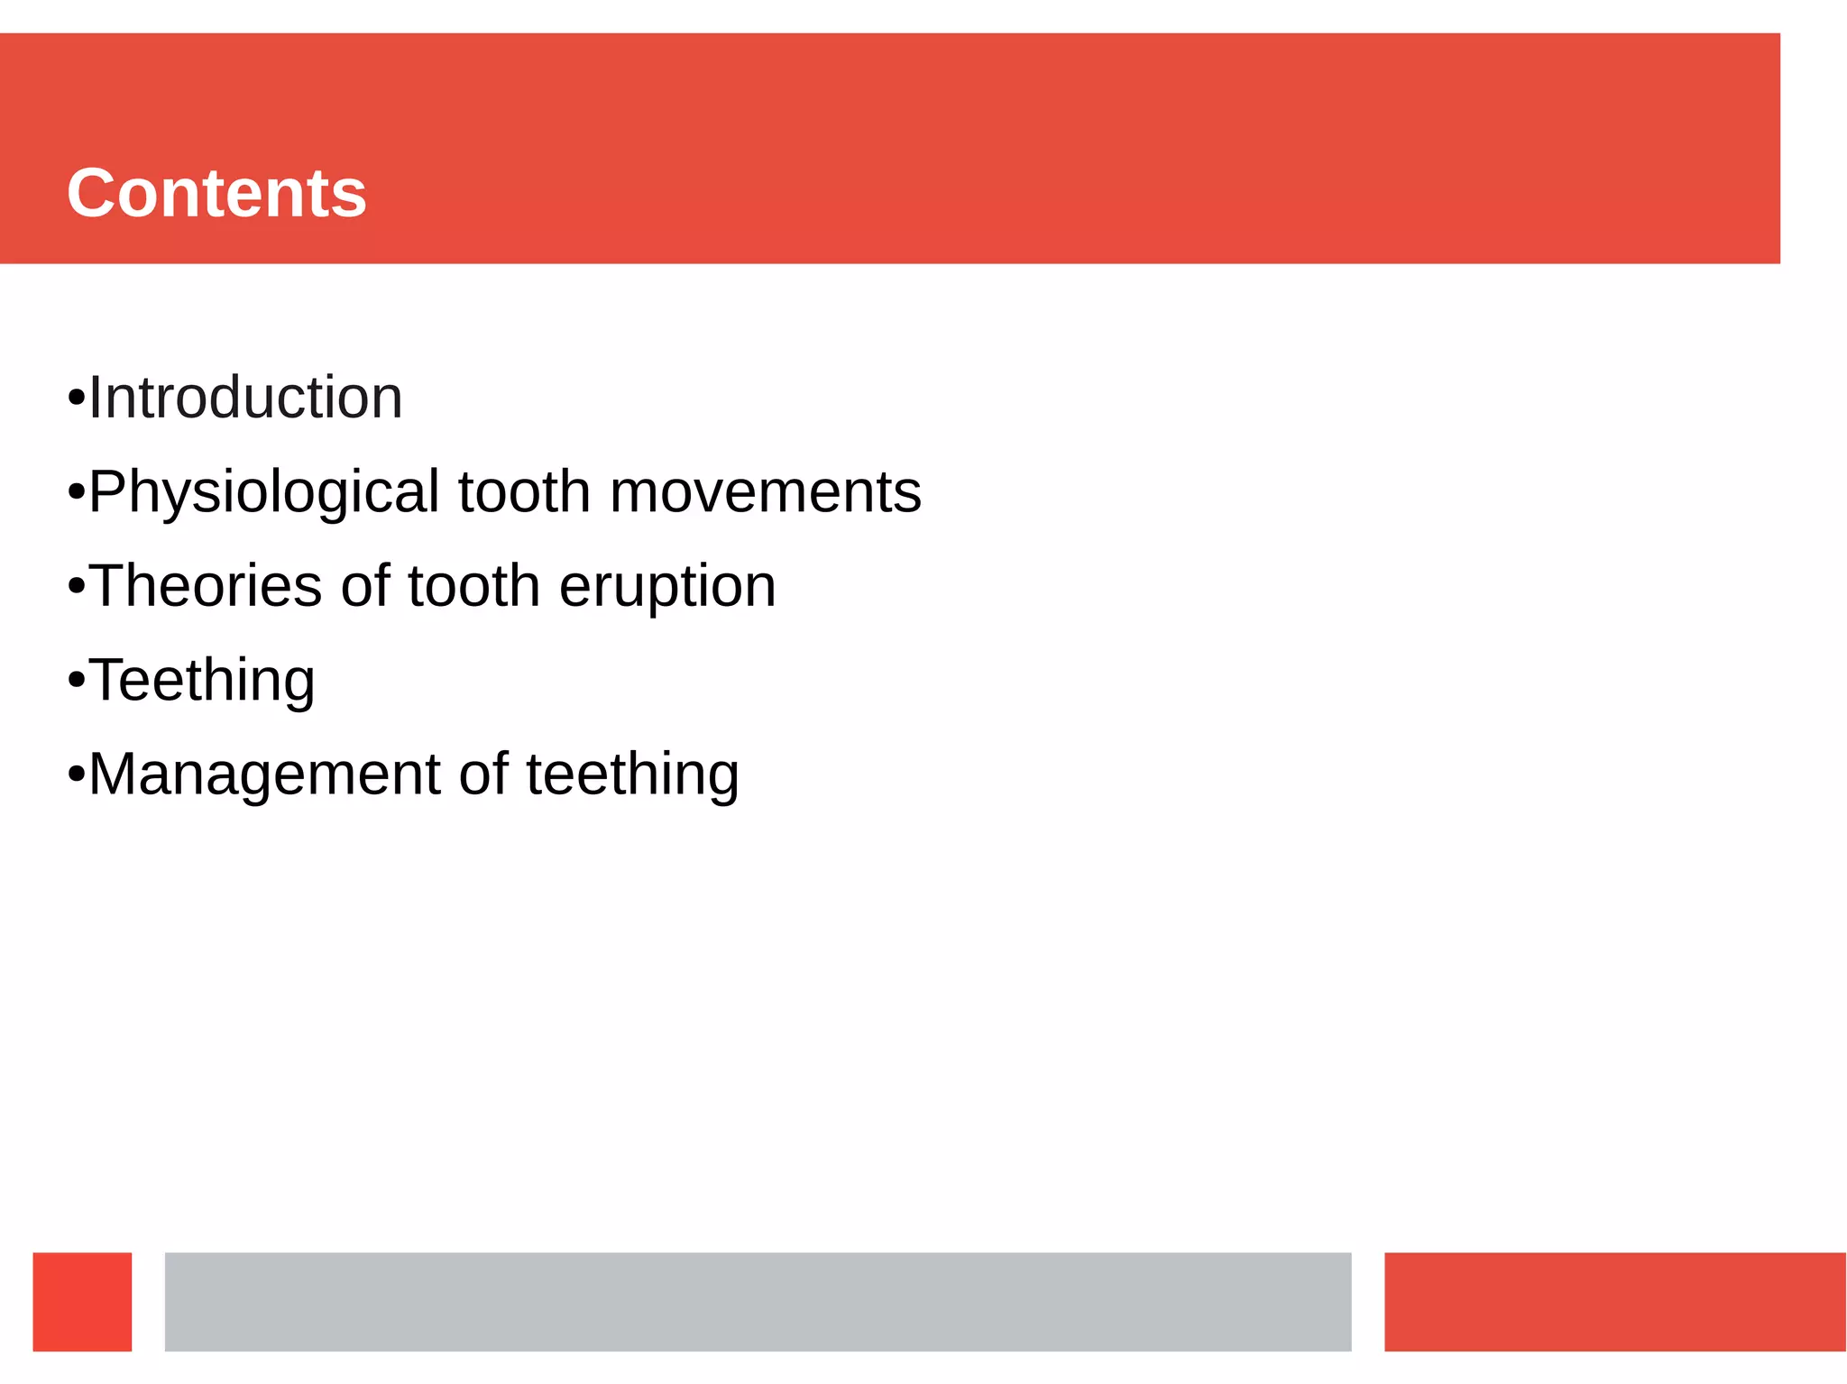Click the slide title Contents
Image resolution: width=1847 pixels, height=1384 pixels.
pyautogui.click(x=216, y=193)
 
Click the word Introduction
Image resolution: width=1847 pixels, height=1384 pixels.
pyautogui.click(x=245, y=398)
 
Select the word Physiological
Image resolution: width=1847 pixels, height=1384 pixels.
pyautogui.click(x=264, y=493)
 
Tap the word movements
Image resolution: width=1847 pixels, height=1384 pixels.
pyautogui.click(x=765, y=492)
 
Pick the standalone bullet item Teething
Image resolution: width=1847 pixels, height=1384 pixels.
pyautogui.click(x=201, y=680)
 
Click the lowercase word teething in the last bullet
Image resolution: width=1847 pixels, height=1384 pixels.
pyautogui.click(x=632, y=774)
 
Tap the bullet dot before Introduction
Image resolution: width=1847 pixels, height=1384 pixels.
pyautogui.click(x=77, y=399)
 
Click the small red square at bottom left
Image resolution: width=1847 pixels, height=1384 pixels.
pyautogui.click(x=82, y=1301)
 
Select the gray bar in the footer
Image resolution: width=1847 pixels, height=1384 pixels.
pyautogui.click(x=758, y=1301)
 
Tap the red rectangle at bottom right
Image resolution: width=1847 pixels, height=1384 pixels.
pyautogui.click(x=1614, y=1301)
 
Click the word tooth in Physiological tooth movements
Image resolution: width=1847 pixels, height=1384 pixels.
pyautogui.click(x=524, y=492)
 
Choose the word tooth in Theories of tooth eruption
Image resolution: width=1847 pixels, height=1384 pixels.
pyautogui.click(x=473, y=586)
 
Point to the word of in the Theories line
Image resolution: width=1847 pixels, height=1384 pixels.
pyautogui.click(x=365, y=586)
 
